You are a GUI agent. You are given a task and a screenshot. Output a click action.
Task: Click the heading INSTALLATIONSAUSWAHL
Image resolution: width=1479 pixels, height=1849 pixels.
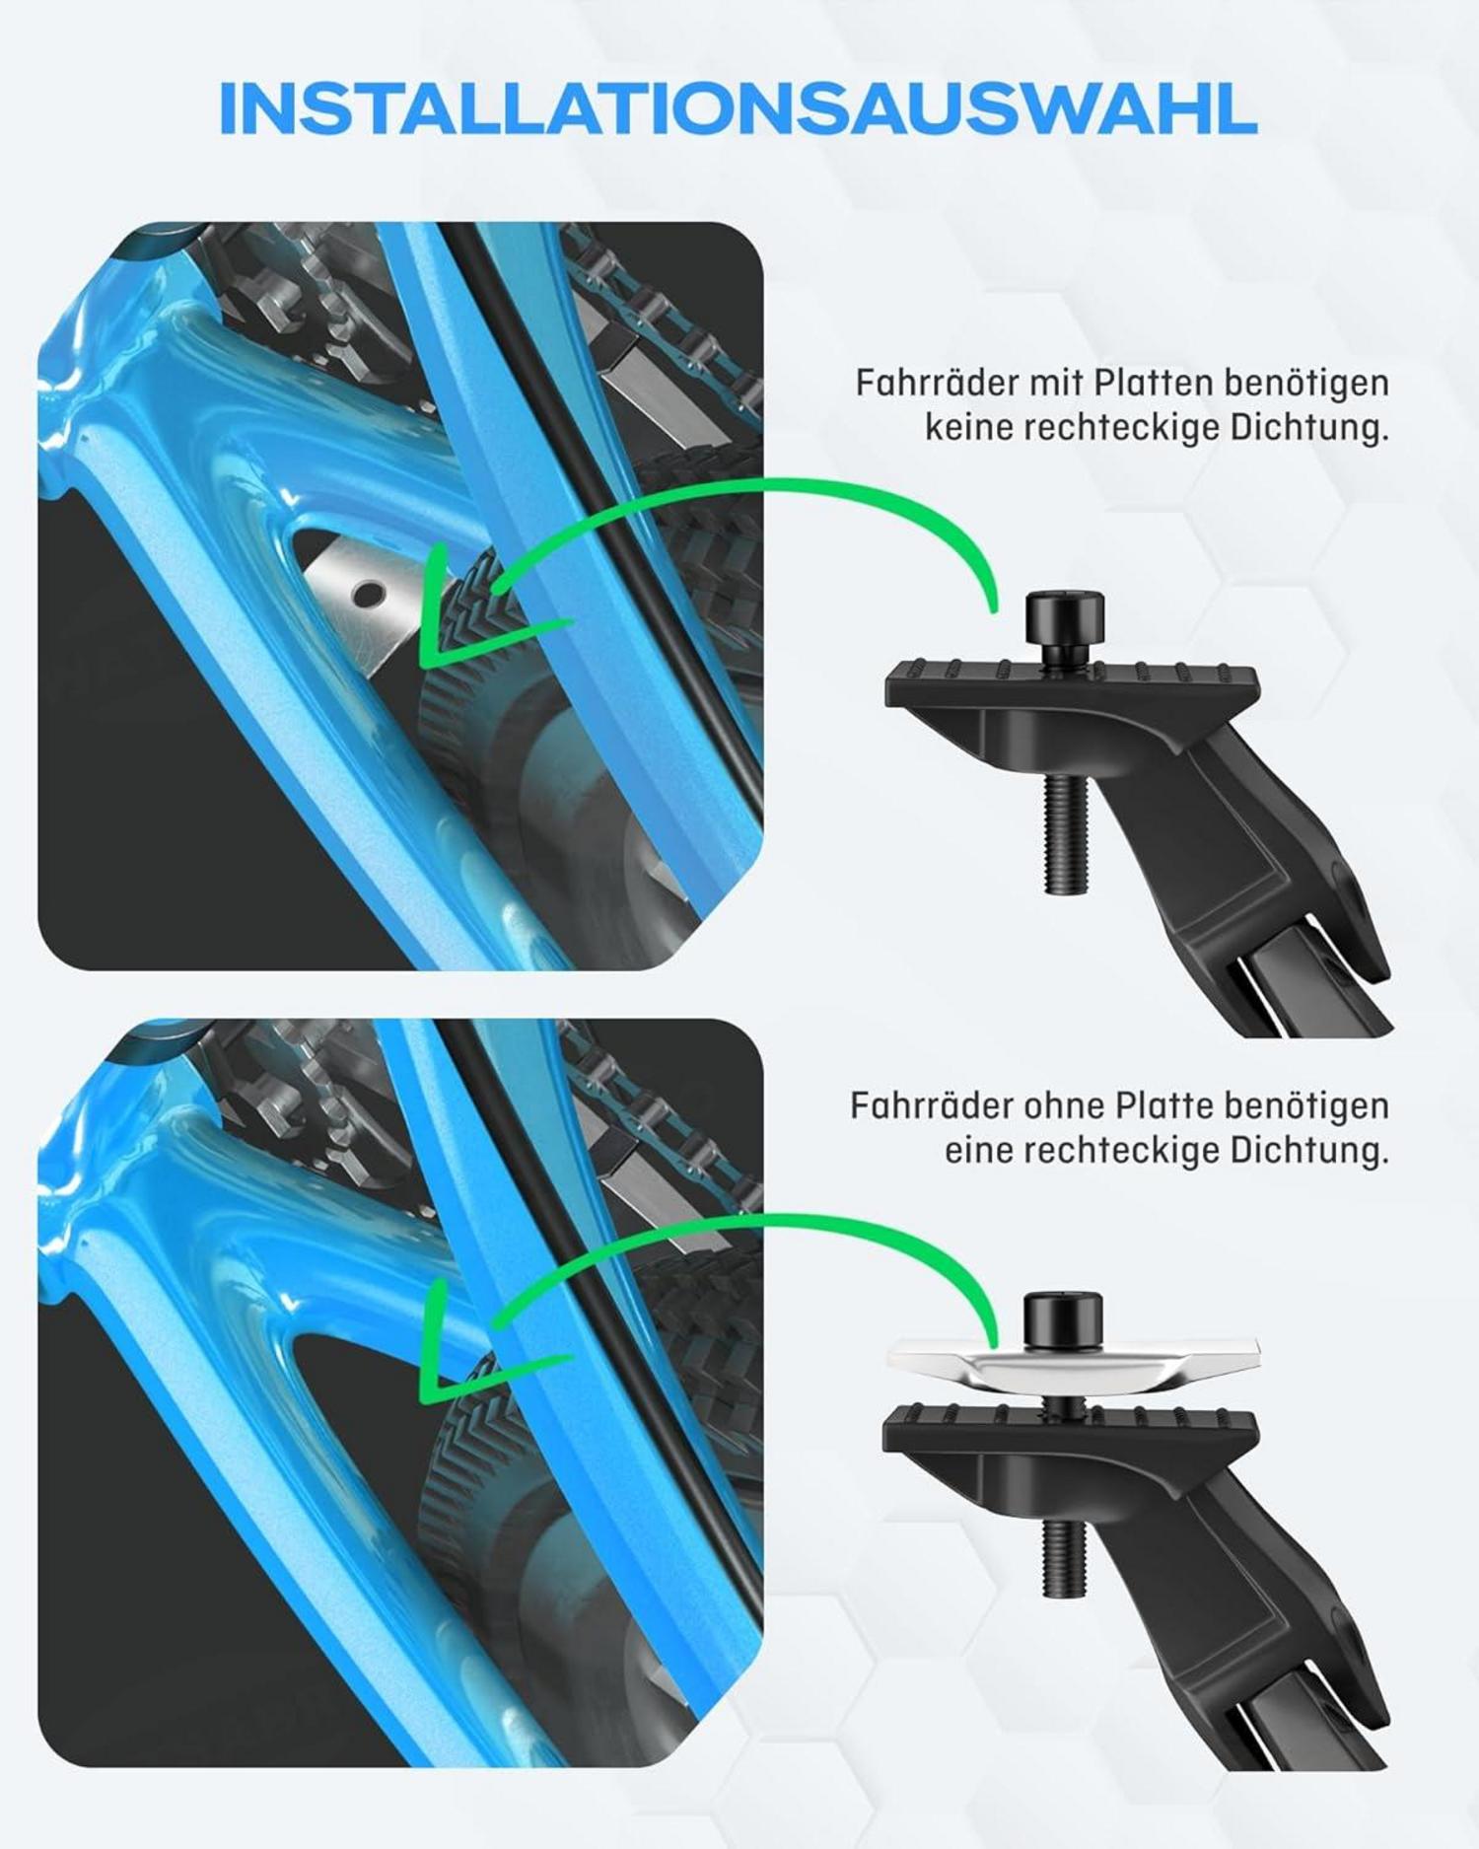pyautogui.click(x=738, y=108)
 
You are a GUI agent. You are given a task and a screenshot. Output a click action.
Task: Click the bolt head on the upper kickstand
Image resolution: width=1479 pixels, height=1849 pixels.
pyautogui.click(x=1065, y=617)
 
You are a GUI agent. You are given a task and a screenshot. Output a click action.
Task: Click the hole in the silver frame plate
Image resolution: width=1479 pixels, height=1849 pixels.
pyautogui.click(x=369, y=594)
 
